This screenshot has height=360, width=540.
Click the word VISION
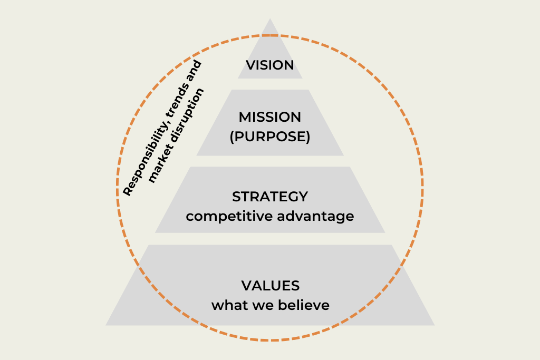[269, 65]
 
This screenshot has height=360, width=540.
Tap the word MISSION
[269, 117]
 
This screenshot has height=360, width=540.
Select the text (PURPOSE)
[270, 137]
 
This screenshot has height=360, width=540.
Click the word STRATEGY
[270, 197]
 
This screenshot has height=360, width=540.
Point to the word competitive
[229, 217]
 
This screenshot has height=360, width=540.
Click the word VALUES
[271, 286]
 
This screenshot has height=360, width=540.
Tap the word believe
[304, 305]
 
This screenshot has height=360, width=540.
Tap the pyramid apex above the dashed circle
[270, 18]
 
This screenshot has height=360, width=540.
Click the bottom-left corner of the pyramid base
[105, 325]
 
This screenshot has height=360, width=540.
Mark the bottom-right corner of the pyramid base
[435, 325]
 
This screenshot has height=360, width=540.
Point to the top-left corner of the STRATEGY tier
[190, 167]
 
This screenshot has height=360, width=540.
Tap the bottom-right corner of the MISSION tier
[344, 155]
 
